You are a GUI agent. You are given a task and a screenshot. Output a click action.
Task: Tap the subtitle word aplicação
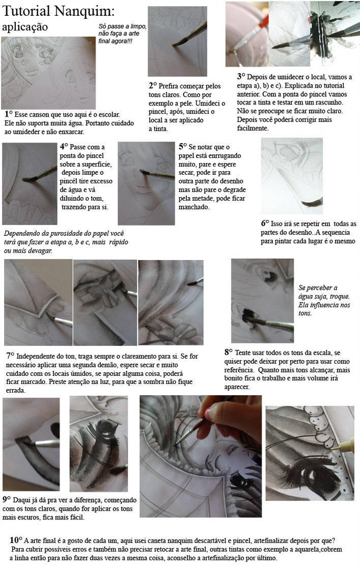(24, 27)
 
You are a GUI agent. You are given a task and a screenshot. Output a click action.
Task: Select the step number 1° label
(9, 114)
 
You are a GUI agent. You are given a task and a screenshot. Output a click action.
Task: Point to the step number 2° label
(153, 85)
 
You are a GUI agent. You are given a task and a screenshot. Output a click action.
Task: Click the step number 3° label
(241, 76)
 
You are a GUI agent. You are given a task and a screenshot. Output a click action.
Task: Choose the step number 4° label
(64, 146)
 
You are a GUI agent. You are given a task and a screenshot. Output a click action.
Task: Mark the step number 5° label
(183, 146)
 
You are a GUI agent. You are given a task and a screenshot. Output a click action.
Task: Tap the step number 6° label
(265, 223)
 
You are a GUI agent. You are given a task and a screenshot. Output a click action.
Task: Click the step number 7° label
(10, 355)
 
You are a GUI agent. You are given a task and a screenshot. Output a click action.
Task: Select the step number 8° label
(229, 352)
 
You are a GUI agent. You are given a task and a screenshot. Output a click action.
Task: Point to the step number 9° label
(7, 499)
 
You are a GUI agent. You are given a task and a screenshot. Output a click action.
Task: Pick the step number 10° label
(16, 540)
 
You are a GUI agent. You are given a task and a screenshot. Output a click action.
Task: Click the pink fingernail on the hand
(208, 413)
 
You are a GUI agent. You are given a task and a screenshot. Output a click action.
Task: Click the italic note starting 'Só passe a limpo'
(122, 34)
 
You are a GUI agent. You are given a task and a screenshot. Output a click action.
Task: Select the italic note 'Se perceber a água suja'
(324, 300)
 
